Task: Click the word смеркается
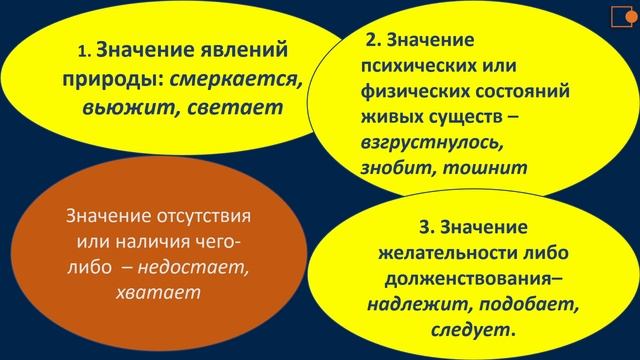point(237,79)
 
